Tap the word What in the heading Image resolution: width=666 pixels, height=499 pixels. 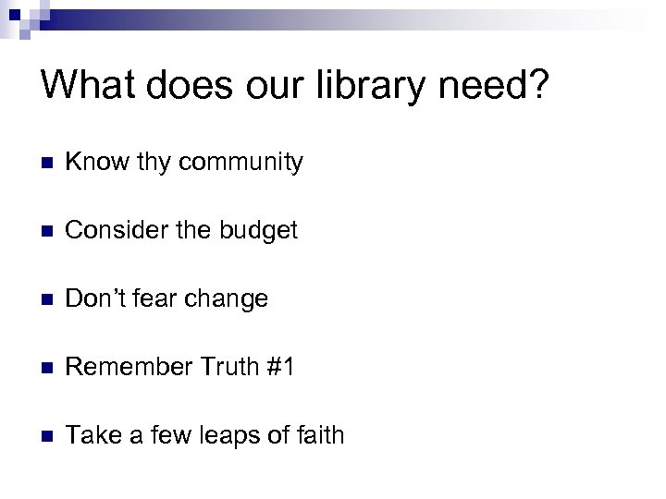tap(87, 87)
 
